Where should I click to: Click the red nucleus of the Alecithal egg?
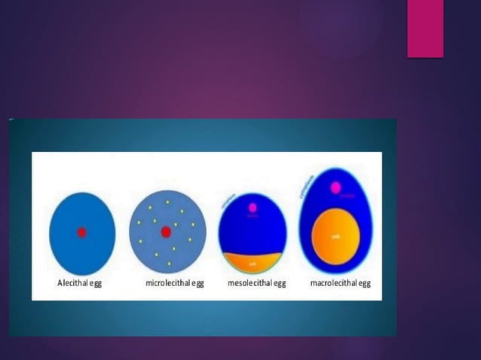coord(81,233)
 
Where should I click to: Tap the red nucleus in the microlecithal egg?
coord(166,232)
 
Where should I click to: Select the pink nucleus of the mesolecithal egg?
coord(253,207)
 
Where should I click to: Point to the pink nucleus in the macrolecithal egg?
coord(338,188)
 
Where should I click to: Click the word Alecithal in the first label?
coord(74,284)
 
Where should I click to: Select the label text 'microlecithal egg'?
coord(174,284)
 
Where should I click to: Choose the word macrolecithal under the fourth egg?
coord(333,284)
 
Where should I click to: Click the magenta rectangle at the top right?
coord(425,29)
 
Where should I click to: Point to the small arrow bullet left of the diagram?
coord(11,120)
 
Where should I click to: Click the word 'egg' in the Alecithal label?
coord(97,284)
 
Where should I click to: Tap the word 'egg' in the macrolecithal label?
coord(364,284)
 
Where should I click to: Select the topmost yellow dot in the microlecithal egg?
coord(167,203)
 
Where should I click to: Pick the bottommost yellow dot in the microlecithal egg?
coord(169,264)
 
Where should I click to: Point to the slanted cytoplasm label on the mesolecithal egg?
coord(225,200)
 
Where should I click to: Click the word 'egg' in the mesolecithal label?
coord(280,284)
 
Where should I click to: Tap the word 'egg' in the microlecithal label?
coord(197,284)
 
